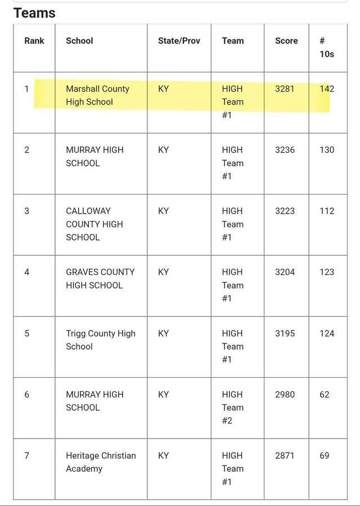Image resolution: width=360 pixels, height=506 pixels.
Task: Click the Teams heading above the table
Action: (x=34, y=12)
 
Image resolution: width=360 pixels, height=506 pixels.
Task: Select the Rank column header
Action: (x=34, y=40)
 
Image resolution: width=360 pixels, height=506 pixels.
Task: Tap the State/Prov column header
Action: (x=179, y=40)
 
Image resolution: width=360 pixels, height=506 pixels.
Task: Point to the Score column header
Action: (x=286, y=40)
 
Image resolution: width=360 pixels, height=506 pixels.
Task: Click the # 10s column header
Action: (x=326, y=47)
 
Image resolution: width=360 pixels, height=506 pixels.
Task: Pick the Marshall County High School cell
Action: (x=97, y=95)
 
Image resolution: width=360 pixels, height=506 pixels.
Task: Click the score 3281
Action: (x=285, y=88)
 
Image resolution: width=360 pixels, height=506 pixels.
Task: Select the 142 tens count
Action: (x=326, y=88)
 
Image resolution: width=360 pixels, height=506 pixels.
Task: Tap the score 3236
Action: (x=285, y=150)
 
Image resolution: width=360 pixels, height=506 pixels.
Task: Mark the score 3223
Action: (x=285, y=211)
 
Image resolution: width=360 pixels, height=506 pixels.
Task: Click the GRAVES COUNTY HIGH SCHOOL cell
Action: (x=100, y=278)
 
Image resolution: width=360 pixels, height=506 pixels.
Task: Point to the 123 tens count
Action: (x=326, y=272)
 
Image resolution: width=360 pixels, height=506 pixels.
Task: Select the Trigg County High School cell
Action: (x=100, y=340)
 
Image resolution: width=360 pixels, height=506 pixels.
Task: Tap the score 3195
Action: (x=285, y=333)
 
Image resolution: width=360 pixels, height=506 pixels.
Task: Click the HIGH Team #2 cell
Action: (x=232, y=407)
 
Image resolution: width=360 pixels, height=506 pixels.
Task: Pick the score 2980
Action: (x=285, y=394)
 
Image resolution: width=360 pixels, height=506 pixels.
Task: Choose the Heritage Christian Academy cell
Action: (x=101, y=462)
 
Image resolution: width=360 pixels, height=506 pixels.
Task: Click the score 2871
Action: (x=285, y=455)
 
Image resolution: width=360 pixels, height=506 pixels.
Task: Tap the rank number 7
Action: (x=26, y=455)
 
